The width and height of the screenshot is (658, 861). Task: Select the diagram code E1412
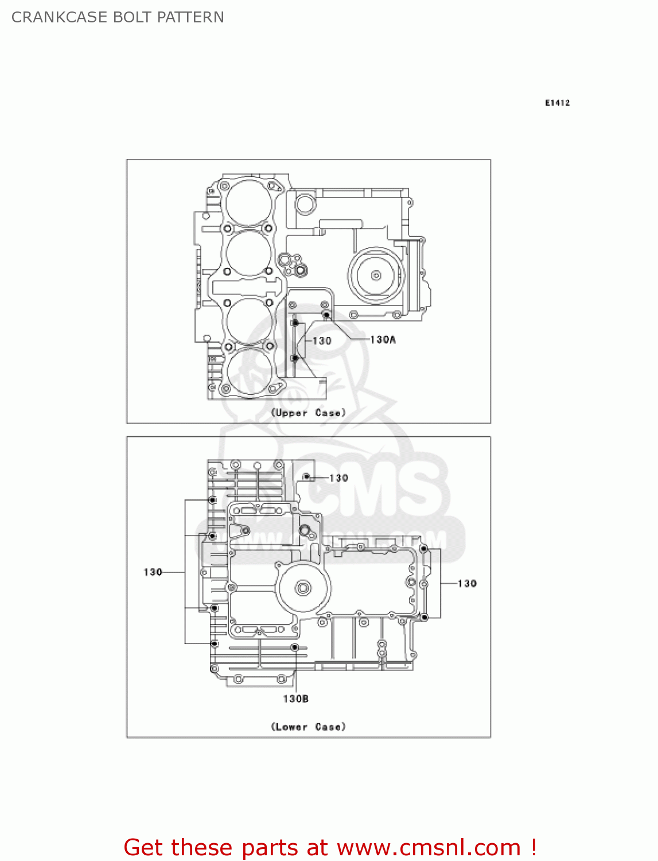point(557,103)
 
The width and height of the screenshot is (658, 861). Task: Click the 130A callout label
point(383,340)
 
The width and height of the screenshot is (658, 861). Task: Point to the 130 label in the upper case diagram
point(322,341)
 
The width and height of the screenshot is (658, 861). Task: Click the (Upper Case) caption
point(308,413)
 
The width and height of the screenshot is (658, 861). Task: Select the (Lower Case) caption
point(308,727)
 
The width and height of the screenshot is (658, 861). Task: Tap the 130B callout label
point(295,699)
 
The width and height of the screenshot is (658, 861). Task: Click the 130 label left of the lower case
point(153,572)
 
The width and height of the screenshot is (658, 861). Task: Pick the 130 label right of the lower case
point(467,584)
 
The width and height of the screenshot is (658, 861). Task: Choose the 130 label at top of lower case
point(338,478)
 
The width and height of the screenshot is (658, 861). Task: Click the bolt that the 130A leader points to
point(326,315)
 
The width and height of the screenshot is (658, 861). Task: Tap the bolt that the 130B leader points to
point(294,647)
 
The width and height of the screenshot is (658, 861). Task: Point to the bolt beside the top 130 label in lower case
point(306,476)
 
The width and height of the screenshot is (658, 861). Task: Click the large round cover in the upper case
point(376,276)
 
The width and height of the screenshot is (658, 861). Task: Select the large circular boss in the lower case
point(302,588)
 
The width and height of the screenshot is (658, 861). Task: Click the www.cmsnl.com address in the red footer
point(428,847)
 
